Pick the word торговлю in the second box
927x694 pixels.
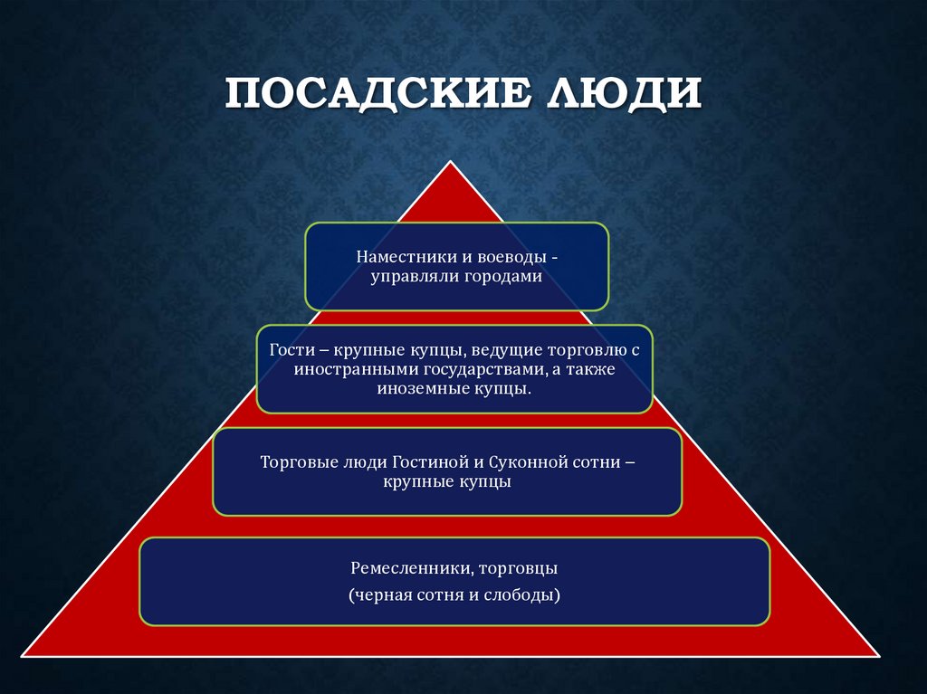(580, 349)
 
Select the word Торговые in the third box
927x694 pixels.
(294, 461)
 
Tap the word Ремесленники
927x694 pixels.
(408, 570)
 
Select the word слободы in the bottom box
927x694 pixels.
(524, 595)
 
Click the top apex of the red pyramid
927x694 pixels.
(449, 163)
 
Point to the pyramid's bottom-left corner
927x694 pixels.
(24, 655)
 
